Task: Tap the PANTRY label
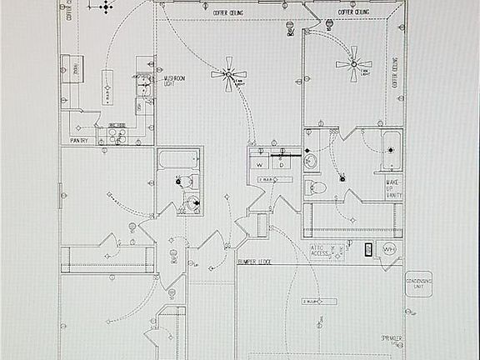[80, 140]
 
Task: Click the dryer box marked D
[282, 165]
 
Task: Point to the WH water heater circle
[388, 249]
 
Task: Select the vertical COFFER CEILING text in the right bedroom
[394, 73]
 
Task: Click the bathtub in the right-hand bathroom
[391, 150]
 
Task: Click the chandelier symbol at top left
[105, 7]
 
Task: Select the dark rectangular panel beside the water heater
[367, 247]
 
